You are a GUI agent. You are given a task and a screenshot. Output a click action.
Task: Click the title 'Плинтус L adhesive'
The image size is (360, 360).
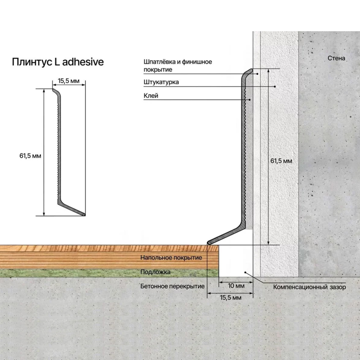pos(58,62)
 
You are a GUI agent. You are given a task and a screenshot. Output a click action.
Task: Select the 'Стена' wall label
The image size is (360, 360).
pos(336,58)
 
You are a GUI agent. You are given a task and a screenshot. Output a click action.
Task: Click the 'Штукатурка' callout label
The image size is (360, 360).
pos(161,82)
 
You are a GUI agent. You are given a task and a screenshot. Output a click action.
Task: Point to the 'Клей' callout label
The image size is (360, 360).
pos(151,96)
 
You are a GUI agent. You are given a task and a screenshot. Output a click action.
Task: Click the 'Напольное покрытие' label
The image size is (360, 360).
pos(171,258)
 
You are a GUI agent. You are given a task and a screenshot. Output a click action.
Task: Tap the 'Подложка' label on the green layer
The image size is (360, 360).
pos(155,272)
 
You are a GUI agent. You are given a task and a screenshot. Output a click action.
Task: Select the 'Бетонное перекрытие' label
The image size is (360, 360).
pos(172,286)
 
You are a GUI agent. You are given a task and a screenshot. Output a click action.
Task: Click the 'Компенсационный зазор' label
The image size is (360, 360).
pos(309,287)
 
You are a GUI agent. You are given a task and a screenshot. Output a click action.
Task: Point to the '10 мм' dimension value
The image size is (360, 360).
pos(236,286)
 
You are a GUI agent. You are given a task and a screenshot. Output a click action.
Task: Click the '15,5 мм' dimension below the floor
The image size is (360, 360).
pos(231,298)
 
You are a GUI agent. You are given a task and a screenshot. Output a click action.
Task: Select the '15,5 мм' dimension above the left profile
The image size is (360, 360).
pos(69,81)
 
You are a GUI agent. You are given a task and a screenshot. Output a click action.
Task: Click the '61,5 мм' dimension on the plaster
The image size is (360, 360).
pos(281,161)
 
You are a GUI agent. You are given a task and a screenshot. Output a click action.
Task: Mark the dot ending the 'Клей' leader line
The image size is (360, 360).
pos(250,100)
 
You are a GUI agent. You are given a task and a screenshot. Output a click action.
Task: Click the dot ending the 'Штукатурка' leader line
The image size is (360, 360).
pos(275,86)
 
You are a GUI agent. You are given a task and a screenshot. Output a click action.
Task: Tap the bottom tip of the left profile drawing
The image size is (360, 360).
pos(84,215)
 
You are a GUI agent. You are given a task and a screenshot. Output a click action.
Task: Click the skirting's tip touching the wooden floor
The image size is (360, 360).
pos(209,243)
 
